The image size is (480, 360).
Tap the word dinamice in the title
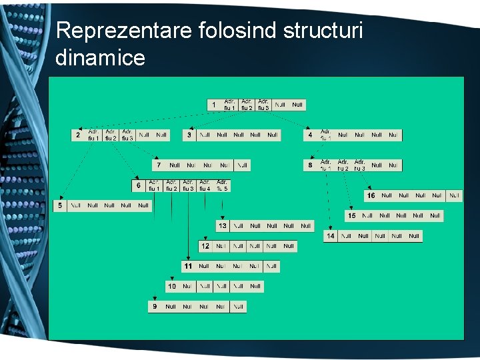[100, 58]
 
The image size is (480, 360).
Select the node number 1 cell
[214, 105]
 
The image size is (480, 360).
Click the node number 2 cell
[78, 135]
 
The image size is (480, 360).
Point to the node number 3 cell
[189, 135]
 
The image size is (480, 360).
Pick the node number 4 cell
[310, 135]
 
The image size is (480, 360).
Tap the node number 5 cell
[60, 205]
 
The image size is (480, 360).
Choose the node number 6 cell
[139, 185]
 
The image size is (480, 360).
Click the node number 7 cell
[159, 165]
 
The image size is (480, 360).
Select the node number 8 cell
[310, 165]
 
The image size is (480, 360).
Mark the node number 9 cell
[155, 307]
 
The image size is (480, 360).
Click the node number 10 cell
[172, 286]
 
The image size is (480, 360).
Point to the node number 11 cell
[188, 266]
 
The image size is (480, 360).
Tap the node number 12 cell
[205, 246]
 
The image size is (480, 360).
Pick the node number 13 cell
[223, 226]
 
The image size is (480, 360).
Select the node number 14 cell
[331, 236]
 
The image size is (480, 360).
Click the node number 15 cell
[351, 216]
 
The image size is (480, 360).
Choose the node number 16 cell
[371, 195]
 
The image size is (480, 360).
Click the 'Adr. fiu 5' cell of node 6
[222, 185]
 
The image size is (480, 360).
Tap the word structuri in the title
[318, 31]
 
